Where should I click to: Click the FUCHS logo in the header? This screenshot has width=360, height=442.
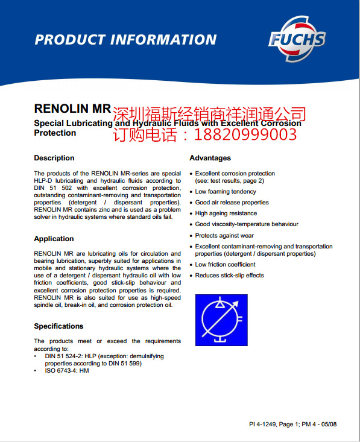tap(297, 40)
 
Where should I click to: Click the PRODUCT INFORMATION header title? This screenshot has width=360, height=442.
tap(125, 40)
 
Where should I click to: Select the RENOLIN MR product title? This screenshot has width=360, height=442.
tap(72, 109)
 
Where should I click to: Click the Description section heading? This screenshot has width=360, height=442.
tap(54, 158)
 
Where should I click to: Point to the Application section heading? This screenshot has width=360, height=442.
tap(54, 239)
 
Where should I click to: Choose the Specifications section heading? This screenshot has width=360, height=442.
tap(58, 326)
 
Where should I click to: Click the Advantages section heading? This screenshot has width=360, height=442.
tap(210, 158)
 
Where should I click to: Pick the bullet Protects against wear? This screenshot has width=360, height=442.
tap(224, 236)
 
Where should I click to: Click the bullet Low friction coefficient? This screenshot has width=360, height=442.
tap(225, 265)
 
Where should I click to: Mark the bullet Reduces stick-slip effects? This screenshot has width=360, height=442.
tap(229, 276)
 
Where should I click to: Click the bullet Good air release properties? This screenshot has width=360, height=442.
tap(232, 203)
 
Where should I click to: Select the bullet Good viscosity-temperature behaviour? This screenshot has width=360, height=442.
tap(247, 224)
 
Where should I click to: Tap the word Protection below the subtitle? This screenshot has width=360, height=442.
tap(55, 133)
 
